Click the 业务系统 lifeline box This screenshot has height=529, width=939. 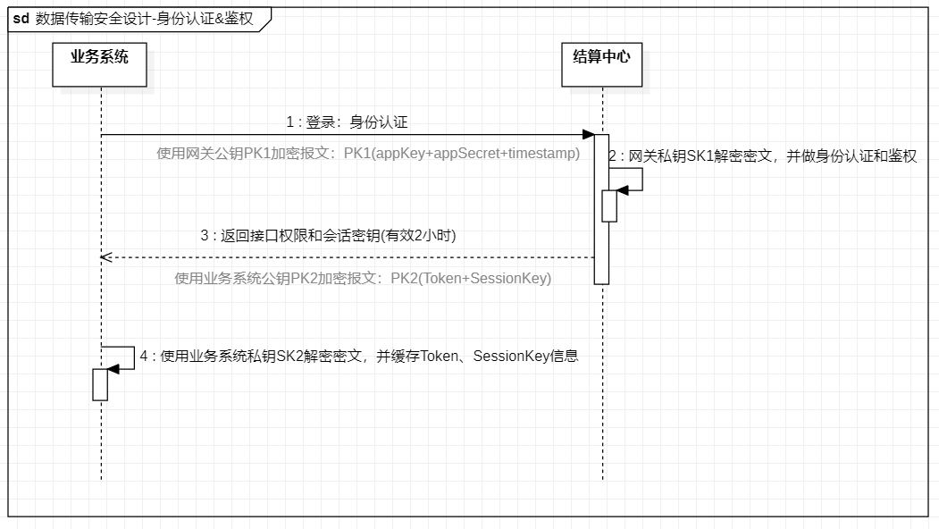(x=99, y=64)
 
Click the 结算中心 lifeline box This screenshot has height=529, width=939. (x=602, y=64)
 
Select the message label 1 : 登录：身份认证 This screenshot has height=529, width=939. (x=347, y=122)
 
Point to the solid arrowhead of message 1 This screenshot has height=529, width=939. (x=588, y=135)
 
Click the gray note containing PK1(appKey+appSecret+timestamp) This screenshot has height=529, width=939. (x=368, y=154)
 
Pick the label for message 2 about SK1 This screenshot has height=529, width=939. (x=762, y=156)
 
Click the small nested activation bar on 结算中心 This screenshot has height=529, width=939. (x=609, y=206)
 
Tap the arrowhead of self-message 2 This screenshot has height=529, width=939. (x=623, y=190)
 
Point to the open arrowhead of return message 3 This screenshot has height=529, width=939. (x=106, y=257)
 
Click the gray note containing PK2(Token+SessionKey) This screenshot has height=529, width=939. (x=363, y=279)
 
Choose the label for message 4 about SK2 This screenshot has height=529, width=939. (x=359, y=357)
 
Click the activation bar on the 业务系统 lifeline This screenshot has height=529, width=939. (x=100, y=384)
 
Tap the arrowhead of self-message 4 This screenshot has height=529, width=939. (x=113, y=369)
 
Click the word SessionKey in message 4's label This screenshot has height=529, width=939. (x=511, y=357)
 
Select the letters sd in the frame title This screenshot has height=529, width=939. (x=21, y=19)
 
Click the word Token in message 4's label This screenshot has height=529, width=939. (x=439, y=357)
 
